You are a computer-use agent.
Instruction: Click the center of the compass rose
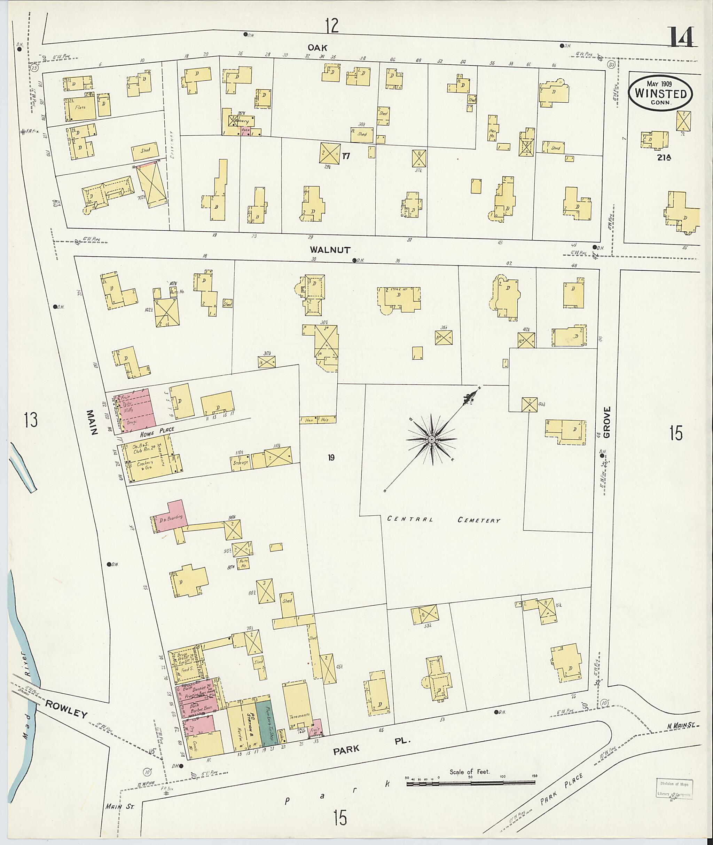tap(432, 439)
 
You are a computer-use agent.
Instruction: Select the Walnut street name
tap(336, 250)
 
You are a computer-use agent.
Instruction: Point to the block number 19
tap(331, 458)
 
